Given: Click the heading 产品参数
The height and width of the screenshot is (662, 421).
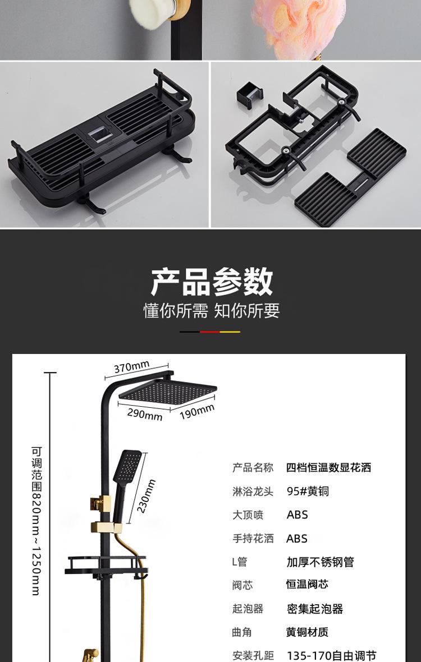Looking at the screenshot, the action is [211, 282].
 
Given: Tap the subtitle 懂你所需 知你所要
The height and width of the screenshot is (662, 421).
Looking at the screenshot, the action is [211, 310].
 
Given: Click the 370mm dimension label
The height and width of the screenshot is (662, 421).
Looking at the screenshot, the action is [132, 367].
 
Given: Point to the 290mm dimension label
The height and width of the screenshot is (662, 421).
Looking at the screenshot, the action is [145, 414].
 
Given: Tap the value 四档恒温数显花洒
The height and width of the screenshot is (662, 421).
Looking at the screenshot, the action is [328, 467].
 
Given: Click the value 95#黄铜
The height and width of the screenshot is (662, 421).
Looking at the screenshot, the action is [308, 491].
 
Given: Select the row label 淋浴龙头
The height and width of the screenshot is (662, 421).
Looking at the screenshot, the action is [253, 491].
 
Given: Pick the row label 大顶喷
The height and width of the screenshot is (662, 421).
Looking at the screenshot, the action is [248, 514].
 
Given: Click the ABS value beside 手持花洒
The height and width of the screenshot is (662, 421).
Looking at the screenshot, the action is [297, 539].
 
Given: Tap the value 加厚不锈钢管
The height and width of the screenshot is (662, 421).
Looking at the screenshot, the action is [320, 562].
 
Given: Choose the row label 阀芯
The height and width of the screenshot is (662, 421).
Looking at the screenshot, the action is [242, 585].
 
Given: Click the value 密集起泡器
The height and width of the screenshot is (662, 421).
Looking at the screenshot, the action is [314, 609].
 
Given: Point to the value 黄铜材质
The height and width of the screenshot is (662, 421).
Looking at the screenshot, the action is [307, 632].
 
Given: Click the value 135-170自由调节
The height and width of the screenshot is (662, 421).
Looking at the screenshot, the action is [331, 655].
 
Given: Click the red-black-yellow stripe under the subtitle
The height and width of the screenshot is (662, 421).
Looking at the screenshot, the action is [210, 332].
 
